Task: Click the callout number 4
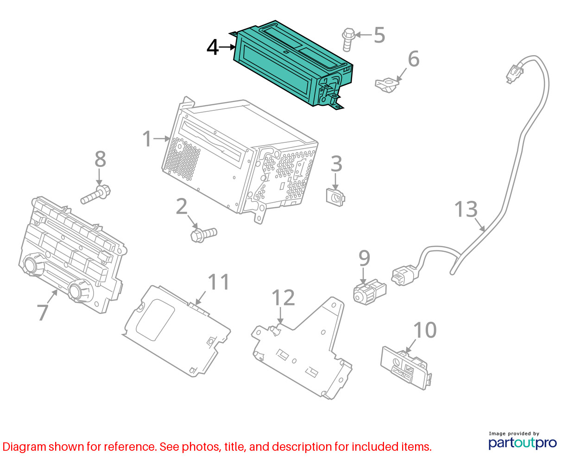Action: (213, 48)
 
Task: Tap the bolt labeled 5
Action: (348, 40)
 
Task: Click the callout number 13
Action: (466, 209)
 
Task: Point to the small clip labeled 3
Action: (335, 197)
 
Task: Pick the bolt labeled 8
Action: (95, 194)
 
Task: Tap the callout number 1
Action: (147, 138)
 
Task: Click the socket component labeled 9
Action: (369, 292)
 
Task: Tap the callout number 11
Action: (218, 281)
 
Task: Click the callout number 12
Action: (283, 297)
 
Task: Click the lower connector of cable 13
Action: (404, 275)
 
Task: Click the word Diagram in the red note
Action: (24, 447)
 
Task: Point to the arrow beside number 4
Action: (227, 47)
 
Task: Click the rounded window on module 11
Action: (156, 319)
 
